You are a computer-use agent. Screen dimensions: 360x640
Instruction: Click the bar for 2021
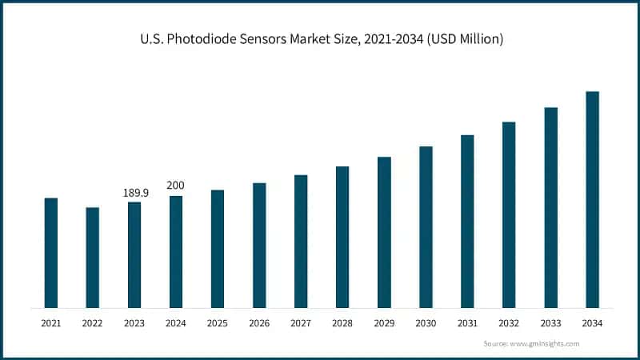51,253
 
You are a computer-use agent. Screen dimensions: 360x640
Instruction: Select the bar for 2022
93,258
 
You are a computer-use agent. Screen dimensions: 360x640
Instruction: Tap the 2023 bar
134,255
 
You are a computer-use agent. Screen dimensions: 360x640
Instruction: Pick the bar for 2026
259,246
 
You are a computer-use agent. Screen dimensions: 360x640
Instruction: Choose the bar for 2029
384,232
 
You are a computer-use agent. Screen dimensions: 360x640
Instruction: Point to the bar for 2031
467,222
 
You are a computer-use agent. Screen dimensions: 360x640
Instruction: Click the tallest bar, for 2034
592,200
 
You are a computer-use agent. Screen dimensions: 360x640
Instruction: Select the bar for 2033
550,208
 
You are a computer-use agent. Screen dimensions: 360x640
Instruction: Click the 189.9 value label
134,193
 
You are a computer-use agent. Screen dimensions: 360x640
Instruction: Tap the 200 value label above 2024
175,186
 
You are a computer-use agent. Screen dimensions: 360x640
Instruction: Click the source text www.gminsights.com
544,343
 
